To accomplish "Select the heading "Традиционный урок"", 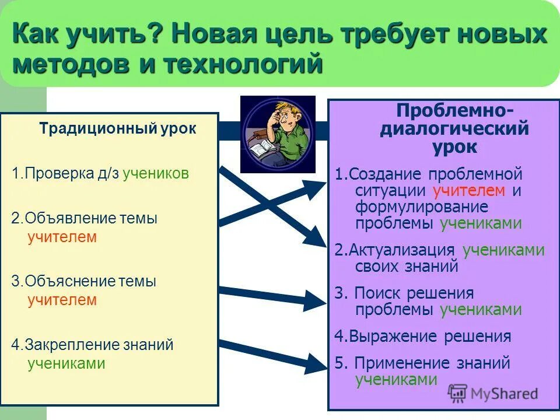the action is pos(118,129).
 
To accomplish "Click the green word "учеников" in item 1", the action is pos(156,174).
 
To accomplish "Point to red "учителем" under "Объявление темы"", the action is pos(62,237).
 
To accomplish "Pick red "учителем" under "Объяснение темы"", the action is pos(62,300).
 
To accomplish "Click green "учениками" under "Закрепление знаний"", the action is pos(66,364).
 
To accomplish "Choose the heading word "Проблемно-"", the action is pos(455,110).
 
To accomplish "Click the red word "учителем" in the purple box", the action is pos(468,191).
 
